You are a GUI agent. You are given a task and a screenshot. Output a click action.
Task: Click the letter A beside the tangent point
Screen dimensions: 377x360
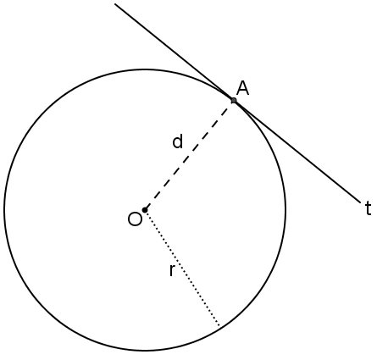242,88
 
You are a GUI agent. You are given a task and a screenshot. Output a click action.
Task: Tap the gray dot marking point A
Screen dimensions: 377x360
234,100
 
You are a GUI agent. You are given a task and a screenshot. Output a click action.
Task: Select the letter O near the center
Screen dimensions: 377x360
135,219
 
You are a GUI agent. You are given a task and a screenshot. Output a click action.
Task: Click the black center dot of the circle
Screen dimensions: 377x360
145,210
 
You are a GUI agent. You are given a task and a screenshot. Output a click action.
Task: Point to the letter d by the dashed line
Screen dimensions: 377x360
178,141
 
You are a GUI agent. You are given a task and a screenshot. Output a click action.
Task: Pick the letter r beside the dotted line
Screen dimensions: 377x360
172,270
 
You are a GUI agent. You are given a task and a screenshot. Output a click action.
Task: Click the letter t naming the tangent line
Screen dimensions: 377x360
368,208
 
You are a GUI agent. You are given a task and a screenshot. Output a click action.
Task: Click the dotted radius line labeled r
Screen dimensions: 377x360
182,269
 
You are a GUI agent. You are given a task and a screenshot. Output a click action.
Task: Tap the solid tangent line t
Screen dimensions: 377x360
238,103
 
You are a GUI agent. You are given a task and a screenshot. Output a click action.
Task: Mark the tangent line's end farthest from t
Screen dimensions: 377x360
115,4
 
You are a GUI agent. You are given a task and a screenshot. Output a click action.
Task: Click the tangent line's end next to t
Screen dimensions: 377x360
361,202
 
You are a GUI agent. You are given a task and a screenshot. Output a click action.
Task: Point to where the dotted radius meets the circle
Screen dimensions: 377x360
219,327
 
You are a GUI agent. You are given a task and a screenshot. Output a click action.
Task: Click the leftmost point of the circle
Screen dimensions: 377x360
4,210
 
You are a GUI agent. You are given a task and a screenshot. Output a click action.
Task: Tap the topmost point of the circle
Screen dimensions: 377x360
145,69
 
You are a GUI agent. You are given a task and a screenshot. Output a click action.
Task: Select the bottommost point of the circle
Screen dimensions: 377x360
145,351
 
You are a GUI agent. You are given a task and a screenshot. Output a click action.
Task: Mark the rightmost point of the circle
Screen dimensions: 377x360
286,210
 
